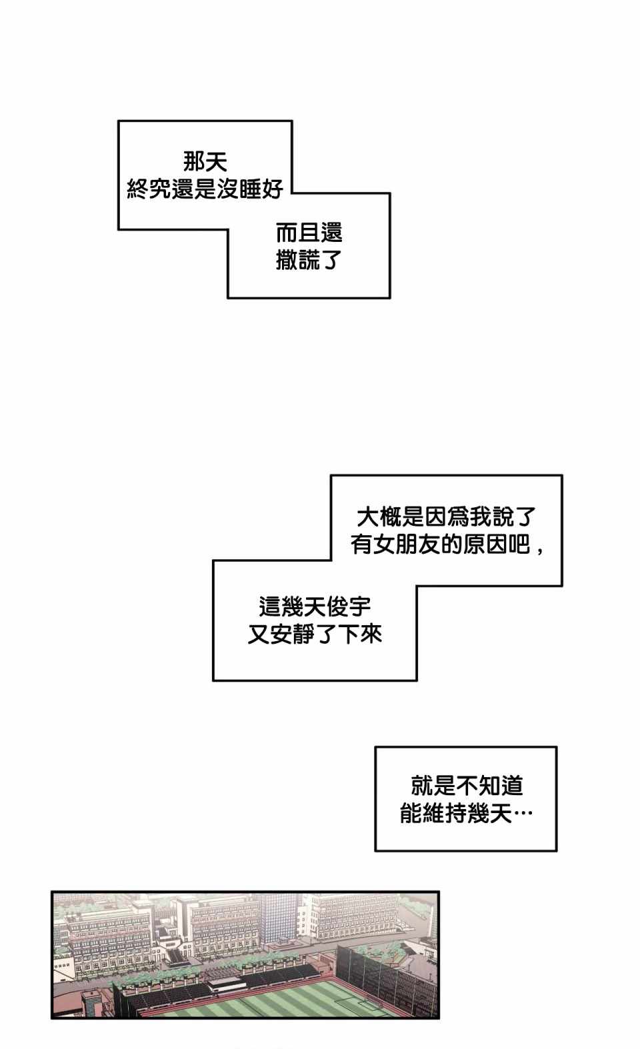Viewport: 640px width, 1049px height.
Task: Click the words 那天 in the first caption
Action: click(205, 162)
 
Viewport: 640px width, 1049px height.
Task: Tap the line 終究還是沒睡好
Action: click(205, 190)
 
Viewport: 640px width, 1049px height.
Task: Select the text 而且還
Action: click(309, 233)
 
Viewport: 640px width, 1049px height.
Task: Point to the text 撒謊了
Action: click(309, 261)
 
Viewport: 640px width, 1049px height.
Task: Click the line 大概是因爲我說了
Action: click(447, 517)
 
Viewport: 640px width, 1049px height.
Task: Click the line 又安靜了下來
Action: click(315, 634)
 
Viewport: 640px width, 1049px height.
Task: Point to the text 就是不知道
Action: click(467, 786)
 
